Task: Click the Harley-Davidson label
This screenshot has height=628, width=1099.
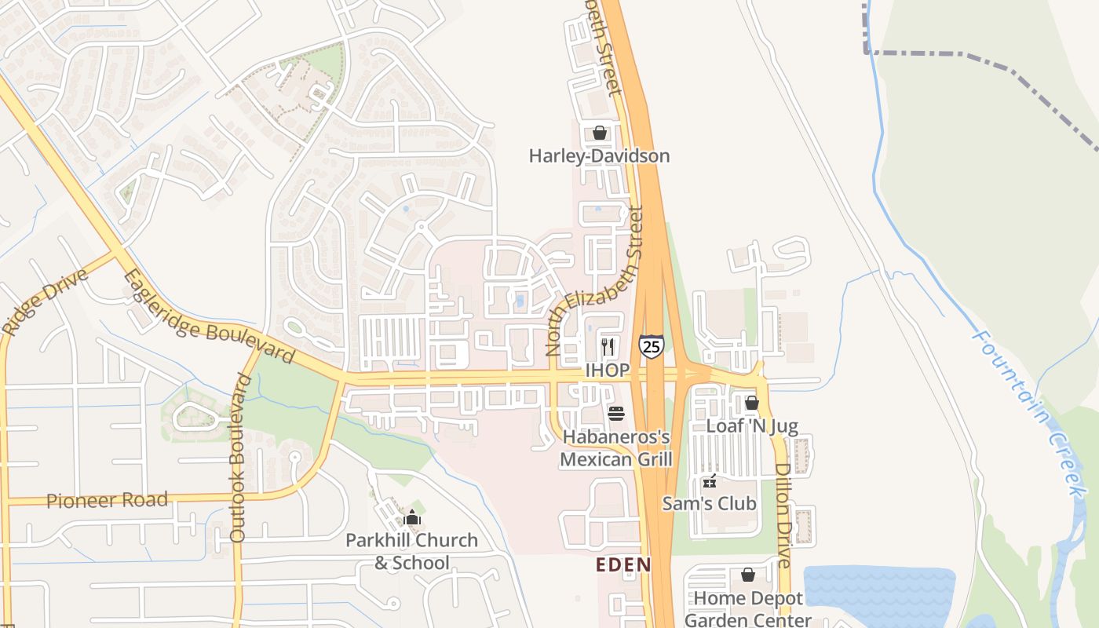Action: pyautogui.click(x=599, y=155)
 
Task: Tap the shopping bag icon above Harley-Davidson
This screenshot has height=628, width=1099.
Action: pyautogui.click(x=600, y=133)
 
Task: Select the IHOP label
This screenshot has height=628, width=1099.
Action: pyautogui.click(x=607, y=370)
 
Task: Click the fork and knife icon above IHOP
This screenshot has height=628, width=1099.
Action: pyautogui.click(x=608, y=346)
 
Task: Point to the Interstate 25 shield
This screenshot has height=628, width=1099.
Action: pyautogui.click(x=651, y=346)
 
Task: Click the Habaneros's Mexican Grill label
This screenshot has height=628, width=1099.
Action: pyautogui.click(x=615, y=447)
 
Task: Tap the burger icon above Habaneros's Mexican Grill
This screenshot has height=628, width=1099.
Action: pyautogui.click(x=616, y=413)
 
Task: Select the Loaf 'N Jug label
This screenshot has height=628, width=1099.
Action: pyautogui.click(x=751, y=426)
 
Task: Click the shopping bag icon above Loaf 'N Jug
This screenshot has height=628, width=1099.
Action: pyautogui.click(x=751, y=403)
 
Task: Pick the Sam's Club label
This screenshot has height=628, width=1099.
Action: pyautogui.click(x=709, y=503)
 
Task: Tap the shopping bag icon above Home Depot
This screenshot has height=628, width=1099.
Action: pyautogui.click(x=748, y=575)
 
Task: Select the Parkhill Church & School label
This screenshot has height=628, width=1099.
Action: pyautogui.click(x=412, y=551)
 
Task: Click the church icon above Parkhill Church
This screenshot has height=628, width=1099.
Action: pyautogui.click(x=412, y=518)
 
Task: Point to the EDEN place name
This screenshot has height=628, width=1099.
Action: pyautogui.click(x=623, y=564)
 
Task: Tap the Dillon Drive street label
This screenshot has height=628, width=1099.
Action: pyautogui.click(x=783, y=515)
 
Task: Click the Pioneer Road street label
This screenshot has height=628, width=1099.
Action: pyautogui.click(x=108, y=500)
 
